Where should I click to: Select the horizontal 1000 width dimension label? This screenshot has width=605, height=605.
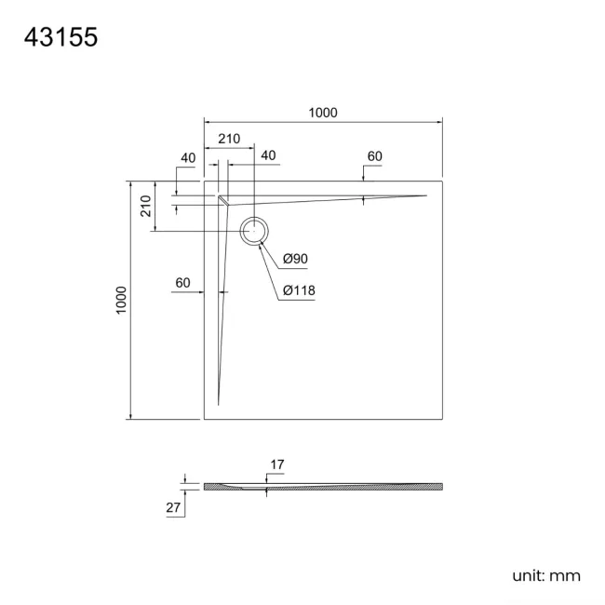[x=322, y=113]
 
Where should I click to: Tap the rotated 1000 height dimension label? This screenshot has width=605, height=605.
[x=122, y=300]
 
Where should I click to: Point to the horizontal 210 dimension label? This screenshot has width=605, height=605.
[x=229, y=139]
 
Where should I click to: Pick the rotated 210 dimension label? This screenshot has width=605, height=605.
[x=146, y=207]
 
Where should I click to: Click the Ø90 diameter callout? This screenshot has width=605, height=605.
[x=296, y=258]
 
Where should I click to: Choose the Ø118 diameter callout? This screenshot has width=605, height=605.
[x=300, y=290]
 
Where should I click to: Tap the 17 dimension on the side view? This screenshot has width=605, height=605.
[x=277, y=464]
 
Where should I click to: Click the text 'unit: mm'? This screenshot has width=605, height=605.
[x=546, y=576]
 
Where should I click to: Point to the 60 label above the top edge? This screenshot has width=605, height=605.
[x=374, y=156]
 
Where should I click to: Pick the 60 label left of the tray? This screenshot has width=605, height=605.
[x=182, y=282]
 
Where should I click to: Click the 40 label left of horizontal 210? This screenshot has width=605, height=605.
[x=188, y=157]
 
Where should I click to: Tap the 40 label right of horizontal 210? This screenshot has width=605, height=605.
[x=268, y=155]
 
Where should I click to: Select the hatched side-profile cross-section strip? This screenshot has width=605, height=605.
[x=323, y=486]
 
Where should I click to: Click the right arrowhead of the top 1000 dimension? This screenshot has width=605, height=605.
[x=439, y=121]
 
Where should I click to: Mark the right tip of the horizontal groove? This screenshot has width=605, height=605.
[x=426, y=195]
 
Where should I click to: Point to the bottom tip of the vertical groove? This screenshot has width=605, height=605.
[x=219, y=405]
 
